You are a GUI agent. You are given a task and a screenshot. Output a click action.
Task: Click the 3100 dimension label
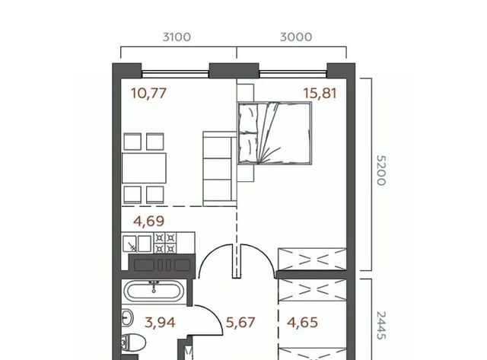tap(177, 37)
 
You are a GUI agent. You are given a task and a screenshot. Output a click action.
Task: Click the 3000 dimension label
tap(296, 37)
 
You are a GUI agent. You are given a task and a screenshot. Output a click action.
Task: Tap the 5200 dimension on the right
tap(381, 170)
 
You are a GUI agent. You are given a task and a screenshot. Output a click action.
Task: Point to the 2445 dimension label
tap(381, 325)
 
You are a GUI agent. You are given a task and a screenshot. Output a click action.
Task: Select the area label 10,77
tap(149, 93)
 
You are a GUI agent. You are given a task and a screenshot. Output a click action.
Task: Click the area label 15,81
tap(320, 93)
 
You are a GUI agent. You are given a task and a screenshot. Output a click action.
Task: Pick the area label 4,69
tap(149, 221)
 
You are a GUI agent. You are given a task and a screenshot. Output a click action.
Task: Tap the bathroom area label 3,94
tap(160, 323)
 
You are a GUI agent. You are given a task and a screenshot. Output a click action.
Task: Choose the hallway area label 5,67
tap(240, 323)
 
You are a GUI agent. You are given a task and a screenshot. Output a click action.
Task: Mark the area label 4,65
tap(303, 323)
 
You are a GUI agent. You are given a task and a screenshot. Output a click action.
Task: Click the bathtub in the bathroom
tap(154, 292)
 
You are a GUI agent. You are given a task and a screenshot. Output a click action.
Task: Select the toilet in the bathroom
tap(133, 343)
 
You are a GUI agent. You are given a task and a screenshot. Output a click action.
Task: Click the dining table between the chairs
tap(144, 168)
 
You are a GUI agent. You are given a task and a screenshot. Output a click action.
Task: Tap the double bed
tap(274, 132)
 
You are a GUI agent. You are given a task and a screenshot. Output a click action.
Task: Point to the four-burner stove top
tap(165, 243)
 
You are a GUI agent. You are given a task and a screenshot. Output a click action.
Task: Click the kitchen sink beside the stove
tap(137, 244)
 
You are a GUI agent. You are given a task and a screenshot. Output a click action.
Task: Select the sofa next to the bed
tap(220, 168)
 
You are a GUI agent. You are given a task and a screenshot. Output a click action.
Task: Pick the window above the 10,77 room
tap(175, 74)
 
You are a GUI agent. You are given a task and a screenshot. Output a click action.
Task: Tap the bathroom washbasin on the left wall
tap(127, 318)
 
